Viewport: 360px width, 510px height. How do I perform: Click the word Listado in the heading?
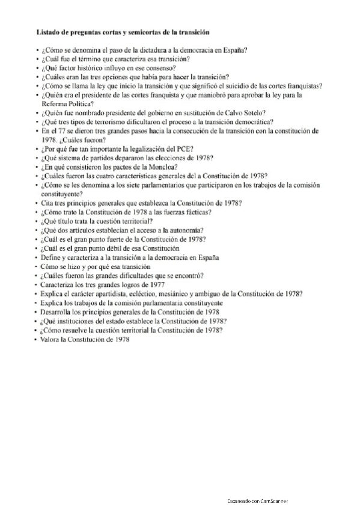click(x=48, y=30)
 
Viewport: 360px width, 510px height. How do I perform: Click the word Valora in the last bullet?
click(x=50, y=339)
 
